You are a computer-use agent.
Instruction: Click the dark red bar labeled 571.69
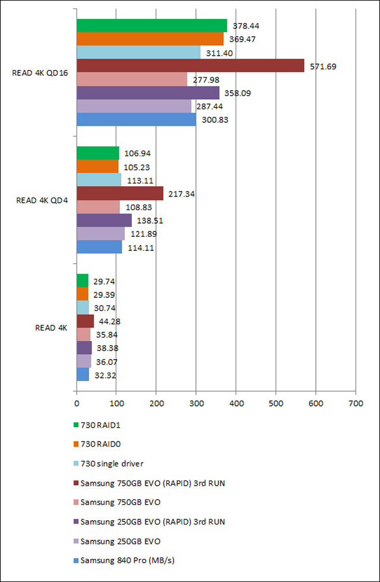click(190, 66)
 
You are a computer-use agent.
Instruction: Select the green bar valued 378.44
click(151, 26)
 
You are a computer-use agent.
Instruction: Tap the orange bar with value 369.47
click(150, 39)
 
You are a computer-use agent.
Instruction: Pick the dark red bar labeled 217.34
click(119, 193)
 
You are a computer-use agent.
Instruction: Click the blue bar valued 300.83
click(136, 119)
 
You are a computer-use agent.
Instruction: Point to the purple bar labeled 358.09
click(147, 93)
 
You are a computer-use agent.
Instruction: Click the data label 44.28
click(109, 322)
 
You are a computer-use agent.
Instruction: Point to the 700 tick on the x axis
click(355, 403)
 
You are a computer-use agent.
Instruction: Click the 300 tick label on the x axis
click(196, 403)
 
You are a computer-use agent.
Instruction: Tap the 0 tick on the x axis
click(77, 403)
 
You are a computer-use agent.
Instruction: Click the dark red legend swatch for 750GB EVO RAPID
click(75, 484)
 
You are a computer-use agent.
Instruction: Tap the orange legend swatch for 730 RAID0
click(75, 444)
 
